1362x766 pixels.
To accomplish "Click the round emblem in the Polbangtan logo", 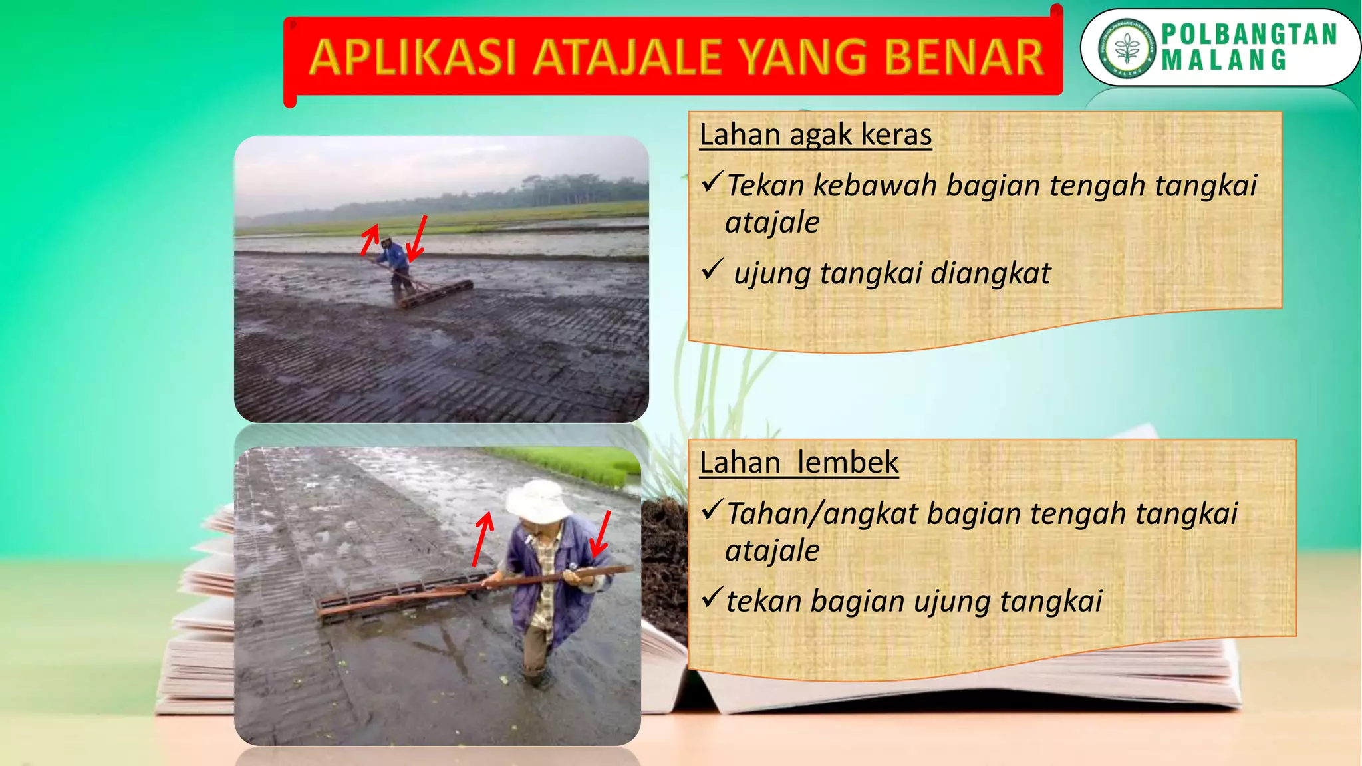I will [x=1127, y=48].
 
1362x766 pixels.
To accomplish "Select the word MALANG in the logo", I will [x=1224, y=61].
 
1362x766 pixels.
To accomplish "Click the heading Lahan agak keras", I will [x=815, y=135].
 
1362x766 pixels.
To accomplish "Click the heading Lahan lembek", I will [x=799, y=463].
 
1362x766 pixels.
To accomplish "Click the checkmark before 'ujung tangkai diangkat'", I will [x=712, y=269].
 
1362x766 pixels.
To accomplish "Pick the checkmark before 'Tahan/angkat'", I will [x=712, y=509].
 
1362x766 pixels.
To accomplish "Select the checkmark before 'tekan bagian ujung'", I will [x=712, y=597].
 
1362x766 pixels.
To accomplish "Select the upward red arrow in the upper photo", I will [x=369, y=239].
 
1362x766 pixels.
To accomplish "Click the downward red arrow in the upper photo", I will [x=417, y=239].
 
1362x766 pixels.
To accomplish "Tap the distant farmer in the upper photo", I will [x=396, y=266].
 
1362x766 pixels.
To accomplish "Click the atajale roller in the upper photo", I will [x=436, y=294].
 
